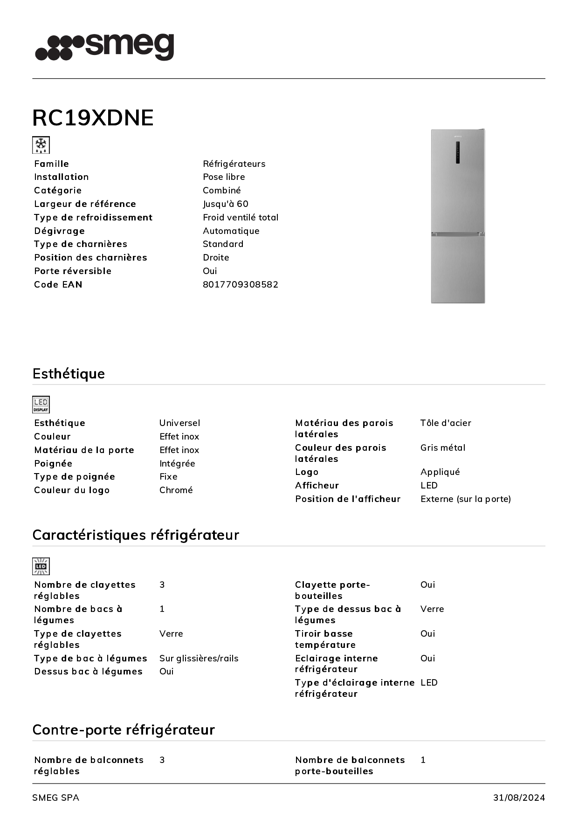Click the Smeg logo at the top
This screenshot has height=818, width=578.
pos(104,47)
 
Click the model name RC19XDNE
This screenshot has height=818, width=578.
pos(93,117)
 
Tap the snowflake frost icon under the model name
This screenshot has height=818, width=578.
pos(41,145)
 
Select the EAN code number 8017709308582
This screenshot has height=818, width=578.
pos(241,284)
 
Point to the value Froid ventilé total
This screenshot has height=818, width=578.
pos(241,217)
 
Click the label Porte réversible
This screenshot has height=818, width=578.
pos(73,271)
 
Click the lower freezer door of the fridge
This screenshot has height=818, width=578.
pos(458,269)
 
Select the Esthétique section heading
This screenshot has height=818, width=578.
pos(69,373)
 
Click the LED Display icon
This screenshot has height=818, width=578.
pos(41,405)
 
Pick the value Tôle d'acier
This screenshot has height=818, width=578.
pos(446,423)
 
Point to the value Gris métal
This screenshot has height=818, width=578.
pos(443,447)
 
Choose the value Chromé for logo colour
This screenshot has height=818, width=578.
pos(176,490)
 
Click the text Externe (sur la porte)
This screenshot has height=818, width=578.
pos(466,499)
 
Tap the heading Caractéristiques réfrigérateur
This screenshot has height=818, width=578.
pos(136,535)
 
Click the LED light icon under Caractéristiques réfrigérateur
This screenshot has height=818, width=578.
pos(41,566)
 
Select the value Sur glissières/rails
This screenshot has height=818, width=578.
pos(199,658)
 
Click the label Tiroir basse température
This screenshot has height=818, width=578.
pos(325,639)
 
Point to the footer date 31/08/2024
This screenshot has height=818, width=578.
pos(519,797)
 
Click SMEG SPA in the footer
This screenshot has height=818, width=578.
pos(55,797)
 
